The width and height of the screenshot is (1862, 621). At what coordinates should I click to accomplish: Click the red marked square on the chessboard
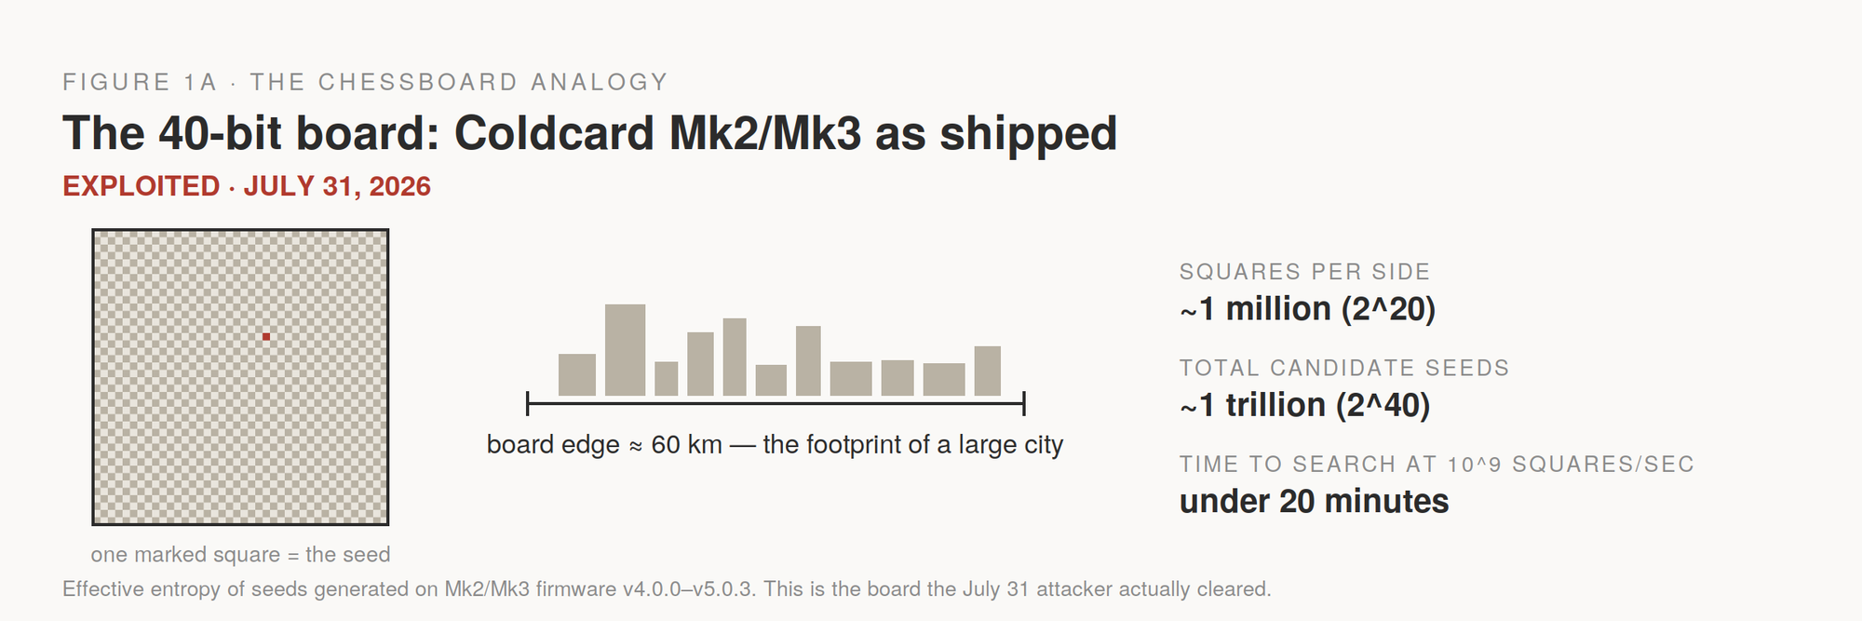coord(266,336)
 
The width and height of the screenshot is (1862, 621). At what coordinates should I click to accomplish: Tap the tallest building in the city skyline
coord(625,350)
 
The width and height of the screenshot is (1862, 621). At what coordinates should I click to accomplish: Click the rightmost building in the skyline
coord(988,371)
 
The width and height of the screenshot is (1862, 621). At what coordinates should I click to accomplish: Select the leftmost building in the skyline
coord(577,374)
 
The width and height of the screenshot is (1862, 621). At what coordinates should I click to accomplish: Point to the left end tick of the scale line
coord(528,403)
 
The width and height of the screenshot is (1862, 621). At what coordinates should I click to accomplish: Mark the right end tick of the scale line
coord(1024,403)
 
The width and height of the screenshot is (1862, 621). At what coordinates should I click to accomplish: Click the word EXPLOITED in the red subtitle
coord(142,186)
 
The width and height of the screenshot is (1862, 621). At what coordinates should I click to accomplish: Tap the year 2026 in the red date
coord(399,186)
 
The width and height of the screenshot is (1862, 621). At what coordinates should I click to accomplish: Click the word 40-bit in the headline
coord(220,133)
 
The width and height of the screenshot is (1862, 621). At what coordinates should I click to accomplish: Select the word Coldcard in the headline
coord(554,133)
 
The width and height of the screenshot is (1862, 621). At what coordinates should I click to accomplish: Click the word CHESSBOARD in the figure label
coord(418,82)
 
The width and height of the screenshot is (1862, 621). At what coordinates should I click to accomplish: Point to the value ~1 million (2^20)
coord(1307,309)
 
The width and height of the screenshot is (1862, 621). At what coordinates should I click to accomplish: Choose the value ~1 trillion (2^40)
coord(1304,405)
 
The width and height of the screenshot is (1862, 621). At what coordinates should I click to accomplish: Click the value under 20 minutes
coord(1314,501)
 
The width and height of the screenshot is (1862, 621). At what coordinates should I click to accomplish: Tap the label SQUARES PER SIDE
coord(1304,272)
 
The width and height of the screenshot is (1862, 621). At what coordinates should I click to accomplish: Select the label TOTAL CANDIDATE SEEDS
coord(1344,368)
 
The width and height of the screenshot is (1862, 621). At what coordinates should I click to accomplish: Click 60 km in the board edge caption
coord(686,445)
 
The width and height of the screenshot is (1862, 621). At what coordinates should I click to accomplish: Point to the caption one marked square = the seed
coord(240,555)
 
